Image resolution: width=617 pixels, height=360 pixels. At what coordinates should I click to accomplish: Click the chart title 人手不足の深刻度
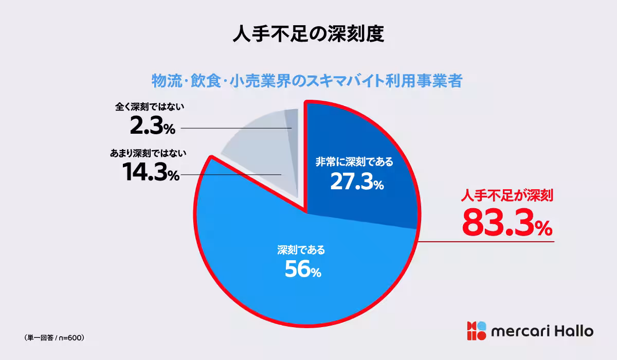[x=308, y=35]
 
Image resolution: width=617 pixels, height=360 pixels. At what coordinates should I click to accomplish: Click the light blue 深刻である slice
[x=257, y=278]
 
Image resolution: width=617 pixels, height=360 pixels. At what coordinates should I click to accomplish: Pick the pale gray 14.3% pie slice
[x=257, y=149]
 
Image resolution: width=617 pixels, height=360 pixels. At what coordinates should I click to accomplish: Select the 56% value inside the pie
[x=303, y=270]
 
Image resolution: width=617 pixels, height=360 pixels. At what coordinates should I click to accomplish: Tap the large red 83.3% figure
[x=507, y=222]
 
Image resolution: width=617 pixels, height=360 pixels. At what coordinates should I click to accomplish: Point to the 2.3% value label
[x=152, y=127]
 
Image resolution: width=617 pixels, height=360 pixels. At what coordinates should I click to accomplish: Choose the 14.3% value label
[x=151, y=172]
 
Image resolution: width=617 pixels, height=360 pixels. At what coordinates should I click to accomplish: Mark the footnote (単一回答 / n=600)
[x=54, y=338]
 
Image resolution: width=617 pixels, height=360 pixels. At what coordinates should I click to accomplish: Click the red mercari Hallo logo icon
[x=476, y=331]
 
